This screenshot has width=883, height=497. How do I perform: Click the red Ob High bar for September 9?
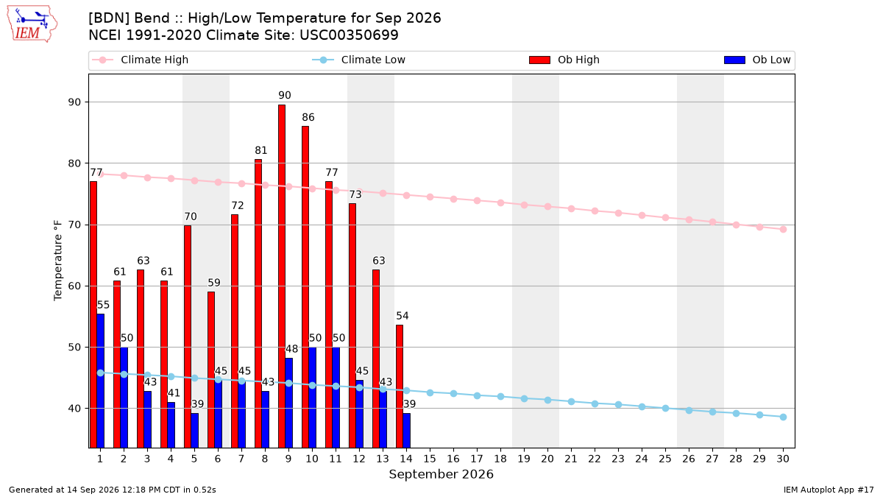pos(282,276)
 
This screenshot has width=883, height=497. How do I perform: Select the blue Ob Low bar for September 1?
pos(101,381)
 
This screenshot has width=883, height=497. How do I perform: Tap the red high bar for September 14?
pos(400,386)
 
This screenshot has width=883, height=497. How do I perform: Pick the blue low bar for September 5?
pos(195,430)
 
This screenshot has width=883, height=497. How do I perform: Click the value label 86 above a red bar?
pos(308,117)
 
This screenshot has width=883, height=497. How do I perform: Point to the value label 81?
pos(261,150)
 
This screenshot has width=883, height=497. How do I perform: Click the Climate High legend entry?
pos(141,60)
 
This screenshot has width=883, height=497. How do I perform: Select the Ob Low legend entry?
pos(757,60)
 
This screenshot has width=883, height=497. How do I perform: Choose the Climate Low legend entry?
pos(359,60)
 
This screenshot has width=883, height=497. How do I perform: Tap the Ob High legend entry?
pos(564,60)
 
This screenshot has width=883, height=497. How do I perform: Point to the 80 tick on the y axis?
pos(74,163)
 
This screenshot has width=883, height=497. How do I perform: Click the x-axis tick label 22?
pos(595,459)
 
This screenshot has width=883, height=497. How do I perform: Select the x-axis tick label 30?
pos(783,459)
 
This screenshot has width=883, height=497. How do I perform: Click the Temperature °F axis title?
pos(58,261)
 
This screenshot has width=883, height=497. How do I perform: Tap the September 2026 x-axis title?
pos(441,474)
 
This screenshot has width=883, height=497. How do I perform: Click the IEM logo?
pos(32,24)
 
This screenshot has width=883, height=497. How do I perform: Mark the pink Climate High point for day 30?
pos(783,229)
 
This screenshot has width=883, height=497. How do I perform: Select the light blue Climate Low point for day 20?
pos(547,400)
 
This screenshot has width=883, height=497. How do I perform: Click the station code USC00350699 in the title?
pos(349,35)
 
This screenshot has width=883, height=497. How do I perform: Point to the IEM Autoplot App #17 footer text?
pos(829,490)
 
